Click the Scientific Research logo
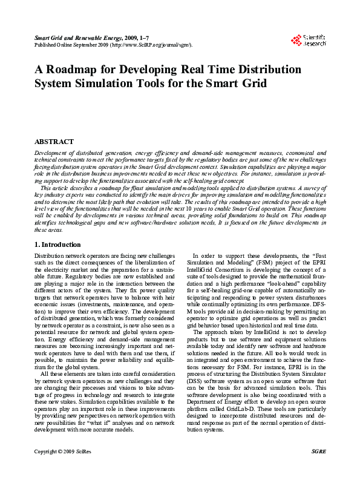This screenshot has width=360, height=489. point(309,41)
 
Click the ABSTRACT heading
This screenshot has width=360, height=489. point(54,141)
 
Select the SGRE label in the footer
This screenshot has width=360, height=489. point(318,468)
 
